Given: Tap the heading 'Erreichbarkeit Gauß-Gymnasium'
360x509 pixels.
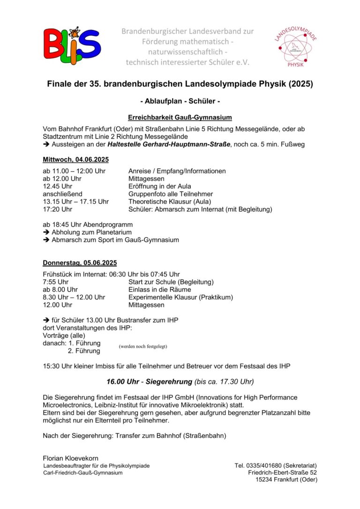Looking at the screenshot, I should coord(180,117).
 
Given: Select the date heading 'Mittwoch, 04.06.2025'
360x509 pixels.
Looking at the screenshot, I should coord(75,159).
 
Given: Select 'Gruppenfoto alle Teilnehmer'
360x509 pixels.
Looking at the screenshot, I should coord(171,194).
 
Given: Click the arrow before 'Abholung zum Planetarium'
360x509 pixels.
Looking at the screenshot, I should coord(46,232).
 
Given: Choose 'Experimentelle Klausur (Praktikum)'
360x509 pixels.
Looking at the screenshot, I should coord(180,297).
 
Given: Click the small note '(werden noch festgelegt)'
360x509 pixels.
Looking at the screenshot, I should coord(143,346).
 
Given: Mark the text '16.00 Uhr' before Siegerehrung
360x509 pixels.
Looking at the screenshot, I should coord(122,382).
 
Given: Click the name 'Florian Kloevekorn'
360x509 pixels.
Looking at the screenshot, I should coord(71,458).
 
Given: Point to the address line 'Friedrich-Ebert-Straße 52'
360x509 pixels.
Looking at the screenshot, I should coord(283,472).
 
